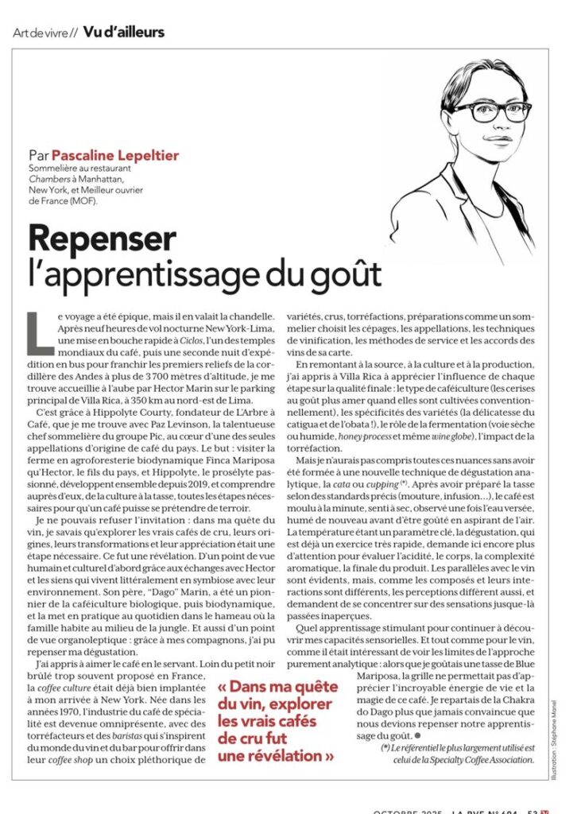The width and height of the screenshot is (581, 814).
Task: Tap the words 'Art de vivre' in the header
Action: (42, 33)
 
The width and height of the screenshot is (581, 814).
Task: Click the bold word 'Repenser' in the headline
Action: (102, 238)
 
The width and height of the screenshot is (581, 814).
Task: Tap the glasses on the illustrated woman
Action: (481, 110)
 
